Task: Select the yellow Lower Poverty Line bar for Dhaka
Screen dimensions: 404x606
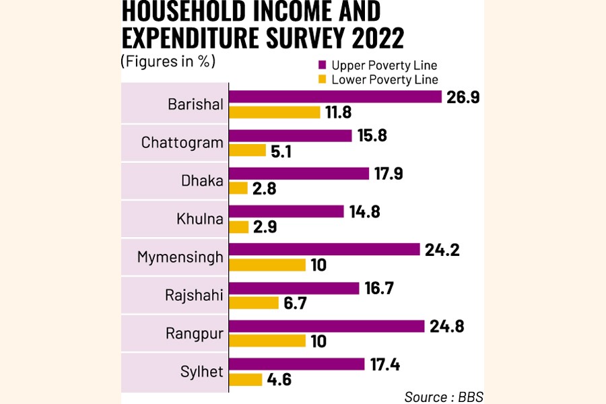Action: [x=240, y=189]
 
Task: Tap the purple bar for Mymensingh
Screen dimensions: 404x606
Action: [x=324, y=249]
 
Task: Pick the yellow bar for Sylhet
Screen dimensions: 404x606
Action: [x=246, y=380]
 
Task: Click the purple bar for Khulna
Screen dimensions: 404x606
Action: [x=286, y=211]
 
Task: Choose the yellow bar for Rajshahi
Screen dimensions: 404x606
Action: [x=254, y=303]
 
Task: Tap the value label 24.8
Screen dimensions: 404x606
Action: [x=446, y=326]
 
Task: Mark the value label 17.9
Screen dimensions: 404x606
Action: [x=390, y=173]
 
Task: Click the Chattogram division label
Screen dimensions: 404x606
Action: [x=182, y=143]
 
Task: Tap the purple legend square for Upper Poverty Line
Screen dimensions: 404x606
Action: [x=322, y=65]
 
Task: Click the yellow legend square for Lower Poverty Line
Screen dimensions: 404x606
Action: [x=322, y=79]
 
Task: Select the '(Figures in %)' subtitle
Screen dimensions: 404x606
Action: [x=168, y=61]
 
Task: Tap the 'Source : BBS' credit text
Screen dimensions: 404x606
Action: [x=444, y=396]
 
